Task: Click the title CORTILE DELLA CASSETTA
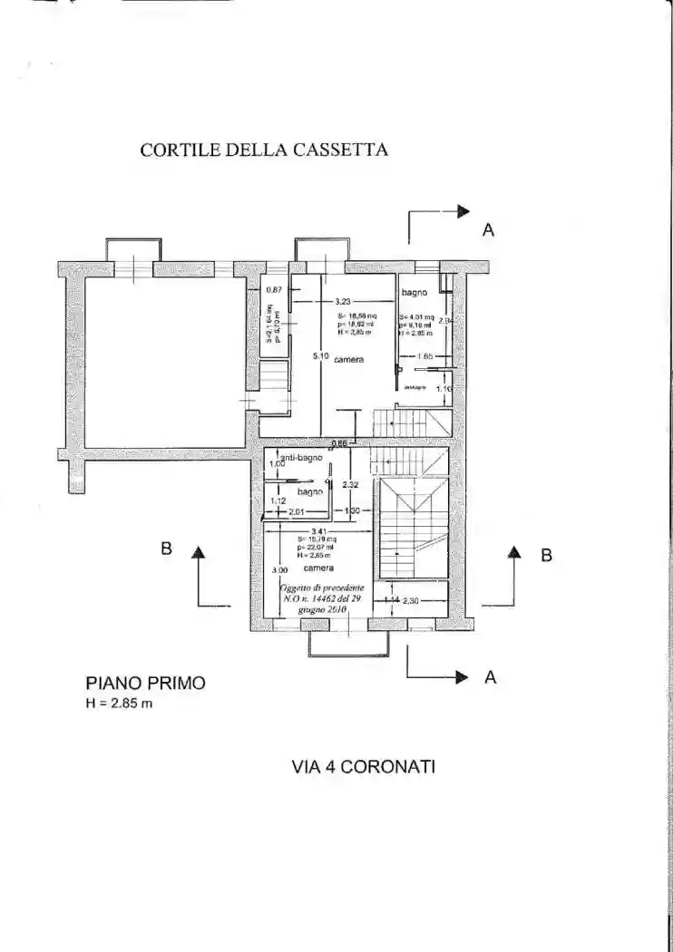(x=264, y=151)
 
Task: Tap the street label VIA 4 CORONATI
(x=364, y=766)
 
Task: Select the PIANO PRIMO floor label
(x=145, y=683)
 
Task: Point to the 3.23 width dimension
(x=342, y=301)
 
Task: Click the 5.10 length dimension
(x=320, y=356)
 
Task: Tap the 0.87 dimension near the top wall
(x=274, y=290)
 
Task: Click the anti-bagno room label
(x=302, y=459)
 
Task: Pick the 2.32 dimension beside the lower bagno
(x=350, y=485)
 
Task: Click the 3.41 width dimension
(x=318, y=531)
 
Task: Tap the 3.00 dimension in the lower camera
(x=279, y=570)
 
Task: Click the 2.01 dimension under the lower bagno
(x=296, y=511)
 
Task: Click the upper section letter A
(x=488, y=231)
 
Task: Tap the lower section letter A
(x=491, y=676)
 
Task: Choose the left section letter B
(x=166, y=549)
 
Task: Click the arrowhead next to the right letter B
(x=514, y=550)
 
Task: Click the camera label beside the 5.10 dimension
(x=348, y=360)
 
